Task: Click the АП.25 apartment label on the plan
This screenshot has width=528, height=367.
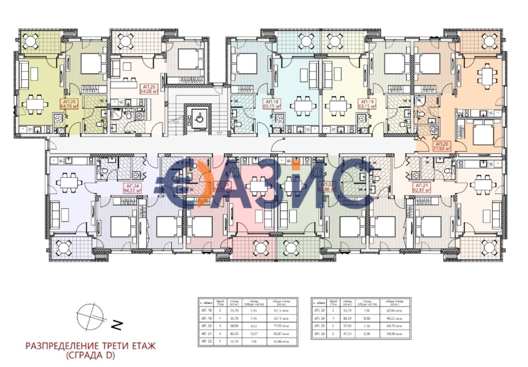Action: click(x=68, y=103)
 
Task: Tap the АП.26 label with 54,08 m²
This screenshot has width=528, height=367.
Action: click(x=149, y=89)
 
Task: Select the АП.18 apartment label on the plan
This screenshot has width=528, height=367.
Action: click(x=272, y=104)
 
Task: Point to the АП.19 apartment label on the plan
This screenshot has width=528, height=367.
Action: click(x=368, y=104)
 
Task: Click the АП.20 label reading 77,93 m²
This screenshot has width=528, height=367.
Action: click(x=442, y=146)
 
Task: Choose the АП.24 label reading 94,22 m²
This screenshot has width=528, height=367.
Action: click(x=132, y=188)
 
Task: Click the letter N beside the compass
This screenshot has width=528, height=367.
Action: click(x=117, y=326)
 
